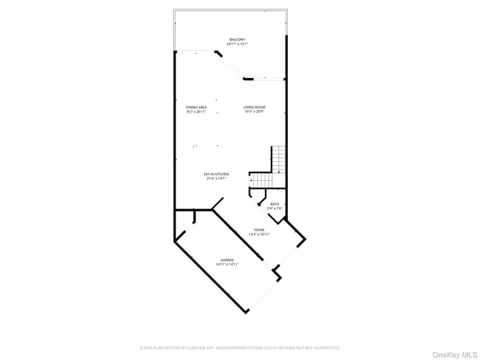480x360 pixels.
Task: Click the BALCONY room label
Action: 237,39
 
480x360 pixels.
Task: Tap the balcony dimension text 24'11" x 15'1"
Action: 237,43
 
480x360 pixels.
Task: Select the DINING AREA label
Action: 196,107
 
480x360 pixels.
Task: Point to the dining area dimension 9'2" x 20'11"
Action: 196,112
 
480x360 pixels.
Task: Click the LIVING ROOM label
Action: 253,107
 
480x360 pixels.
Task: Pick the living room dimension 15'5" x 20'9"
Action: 253,112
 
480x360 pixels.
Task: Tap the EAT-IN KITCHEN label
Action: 217,174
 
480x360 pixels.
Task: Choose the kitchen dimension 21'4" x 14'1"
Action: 217,178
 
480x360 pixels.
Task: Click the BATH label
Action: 274,203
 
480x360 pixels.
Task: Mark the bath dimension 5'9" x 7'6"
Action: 274,208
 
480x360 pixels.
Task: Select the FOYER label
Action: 259,229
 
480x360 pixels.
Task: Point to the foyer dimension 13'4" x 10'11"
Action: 259,234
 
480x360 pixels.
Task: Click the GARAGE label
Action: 227,259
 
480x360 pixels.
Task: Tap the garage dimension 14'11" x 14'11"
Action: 227,264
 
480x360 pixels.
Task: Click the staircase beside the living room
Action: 278,159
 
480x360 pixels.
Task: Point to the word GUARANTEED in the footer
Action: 325,348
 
